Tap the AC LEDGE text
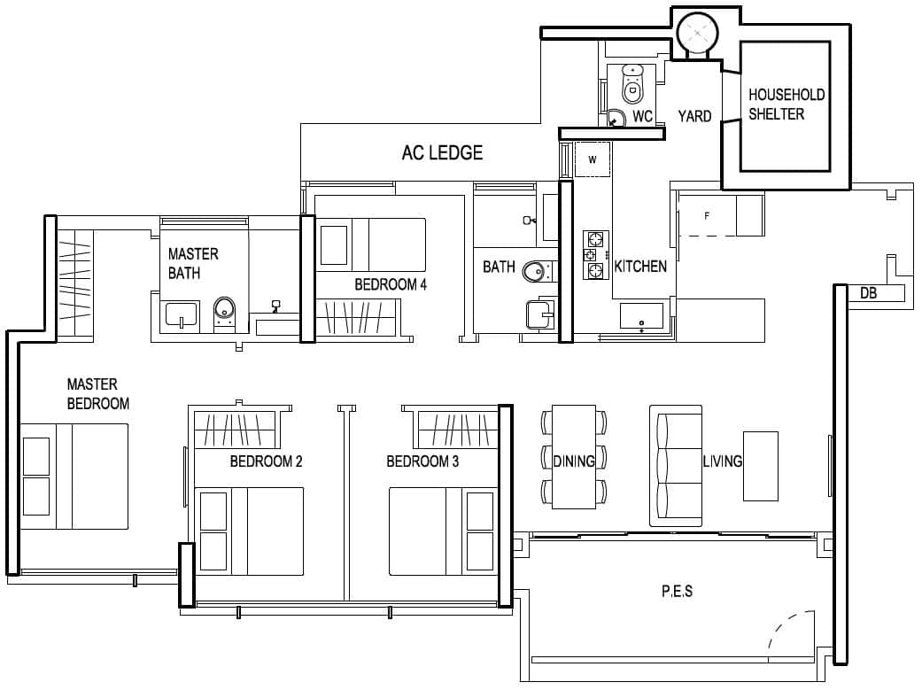(442, 152)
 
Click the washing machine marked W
(593, 159)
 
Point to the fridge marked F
(707, 216)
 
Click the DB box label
(868, 293)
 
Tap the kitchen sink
(641, 315)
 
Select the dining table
(574, 457)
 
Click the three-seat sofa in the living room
(676, 466)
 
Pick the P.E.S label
(677, 591)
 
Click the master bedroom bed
(75, 477)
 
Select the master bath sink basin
(182, 314)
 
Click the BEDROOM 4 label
(391, 284)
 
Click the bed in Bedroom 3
(441, 530)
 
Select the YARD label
(694, 116)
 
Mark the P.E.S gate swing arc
(791, 629)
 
